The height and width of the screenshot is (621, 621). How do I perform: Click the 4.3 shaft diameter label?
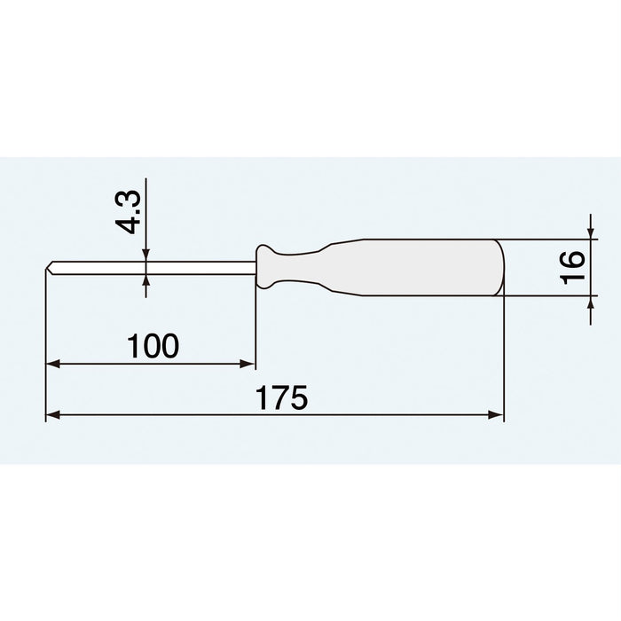pos(130,211)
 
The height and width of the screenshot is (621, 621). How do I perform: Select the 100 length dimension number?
pos(152,346)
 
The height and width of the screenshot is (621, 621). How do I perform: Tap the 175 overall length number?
pos(282,397)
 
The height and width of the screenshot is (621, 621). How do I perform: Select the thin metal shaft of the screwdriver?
pos(151,267)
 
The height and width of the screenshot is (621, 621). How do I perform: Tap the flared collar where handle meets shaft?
pos(264,267)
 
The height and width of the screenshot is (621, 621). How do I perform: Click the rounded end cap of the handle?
pos(499,267)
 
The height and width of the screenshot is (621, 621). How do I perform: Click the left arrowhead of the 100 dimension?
pos(51,363)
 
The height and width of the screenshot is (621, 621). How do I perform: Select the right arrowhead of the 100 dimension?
pos(250,363)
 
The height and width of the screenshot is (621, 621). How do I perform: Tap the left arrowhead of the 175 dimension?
pos(51,413)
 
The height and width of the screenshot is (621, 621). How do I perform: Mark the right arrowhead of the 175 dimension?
pos(498,413)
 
